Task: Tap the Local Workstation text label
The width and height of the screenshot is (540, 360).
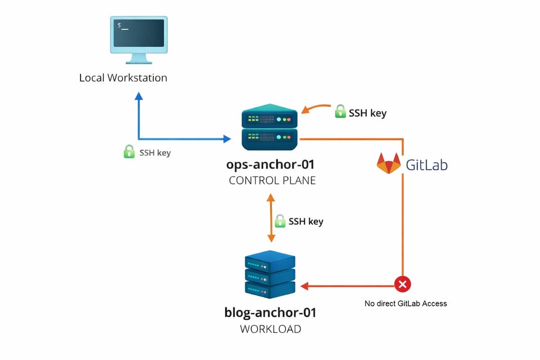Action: pyautogui.click(x=123, y=78)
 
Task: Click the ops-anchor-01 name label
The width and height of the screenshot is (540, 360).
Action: pyautogui.click(x=271, y=165)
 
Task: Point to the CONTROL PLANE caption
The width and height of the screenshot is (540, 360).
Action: pyautogui.click(x=272, y=181)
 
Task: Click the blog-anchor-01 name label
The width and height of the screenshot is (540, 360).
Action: pyautogui.click(x=271, y=313)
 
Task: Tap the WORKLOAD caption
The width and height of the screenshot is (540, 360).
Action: pyautogui.click(x=271, y=329)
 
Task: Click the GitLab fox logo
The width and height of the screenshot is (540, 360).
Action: pyautogui.click(x=389, y=163)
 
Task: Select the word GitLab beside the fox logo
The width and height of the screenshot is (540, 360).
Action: pyautogui.click(x=427, y=164)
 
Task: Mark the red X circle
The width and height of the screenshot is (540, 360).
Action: pyautogui.click(x=402, y=284)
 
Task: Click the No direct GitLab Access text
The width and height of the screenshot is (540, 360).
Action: pyautogui.click(x=406, y=304)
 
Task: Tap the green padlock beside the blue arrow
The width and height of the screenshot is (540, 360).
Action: pyautogui.click(x=129, y=152)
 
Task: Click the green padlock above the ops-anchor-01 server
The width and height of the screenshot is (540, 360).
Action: pyautogui.click(x=340, y=112)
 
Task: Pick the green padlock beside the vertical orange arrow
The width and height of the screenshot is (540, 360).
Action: pyautogui.click(x=280, y=221)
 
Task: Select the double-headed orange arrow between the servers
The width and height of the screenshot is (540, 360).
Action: pyautogui.click(x=271, y=218)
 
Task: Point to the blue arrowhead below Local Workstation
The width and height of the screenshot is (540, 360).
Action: pyautogui.click(x=139, y=96)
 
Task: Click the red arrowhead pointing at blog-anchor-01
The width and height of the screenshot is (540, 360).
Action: pyautogui.click(x=304, y=286)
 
